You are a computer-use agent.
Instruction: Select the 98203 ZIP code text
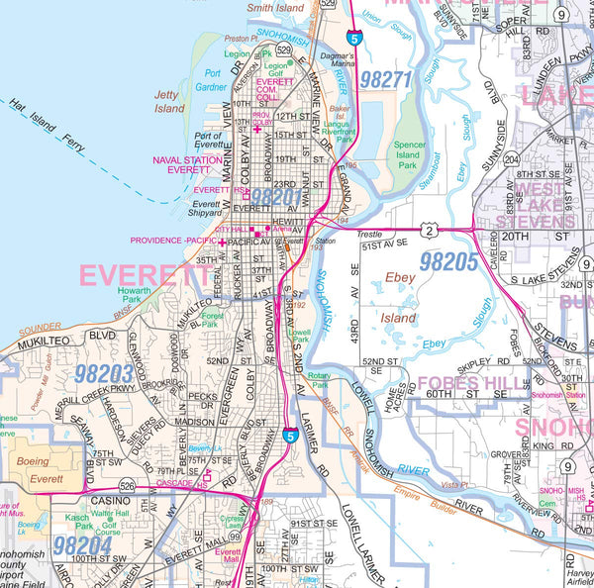pos(103,373)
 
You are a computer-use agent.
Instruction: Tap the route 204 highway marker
pos(512,157)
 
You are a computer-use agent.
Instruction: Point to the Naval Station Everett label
pos(188,165)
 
